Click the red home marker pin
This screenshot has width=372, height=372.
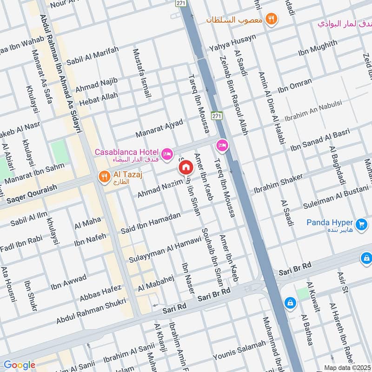pos(186,167)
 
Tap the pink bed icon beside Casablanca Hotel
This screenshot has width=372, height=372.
pos(167,153)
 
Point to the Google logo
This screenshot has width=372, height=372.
pos(19,365)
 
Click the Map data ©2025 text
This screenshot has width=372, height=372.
pos(347,367)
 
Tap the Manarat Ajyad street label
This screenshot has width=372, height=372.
pos(159,127)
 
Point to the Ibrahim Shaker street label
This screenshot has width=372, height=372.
pos(278,184)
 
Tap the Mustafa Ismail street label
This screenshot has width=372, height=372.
pos(142,73)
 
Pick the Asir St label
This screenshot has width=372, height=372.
pos(343,283)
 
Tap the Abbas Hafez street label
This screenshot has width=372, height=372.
pos(101,292)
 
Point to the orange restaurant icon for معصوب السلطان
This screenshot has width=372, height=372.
pos(272,20)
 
